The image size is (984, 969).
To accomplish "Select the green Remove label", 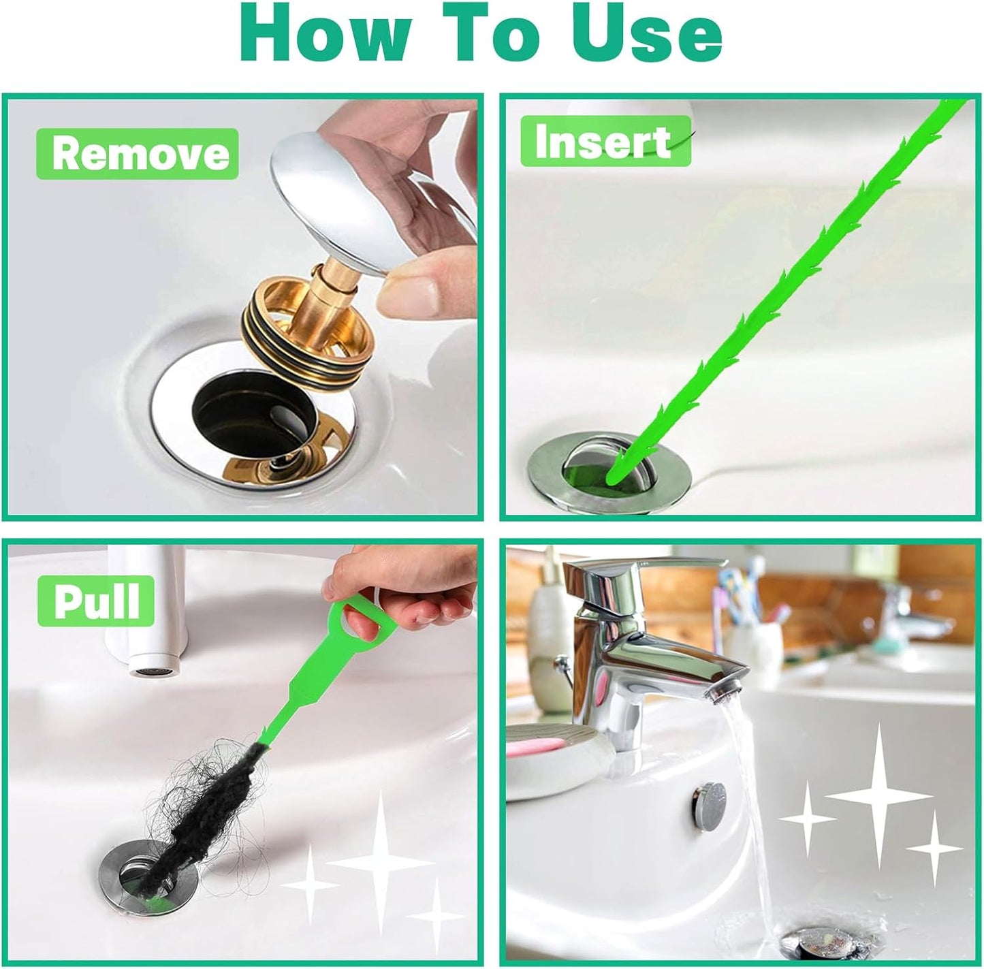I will tap(138, 154).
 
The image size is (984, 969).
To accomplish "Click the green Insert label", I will tap(605, 142).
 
